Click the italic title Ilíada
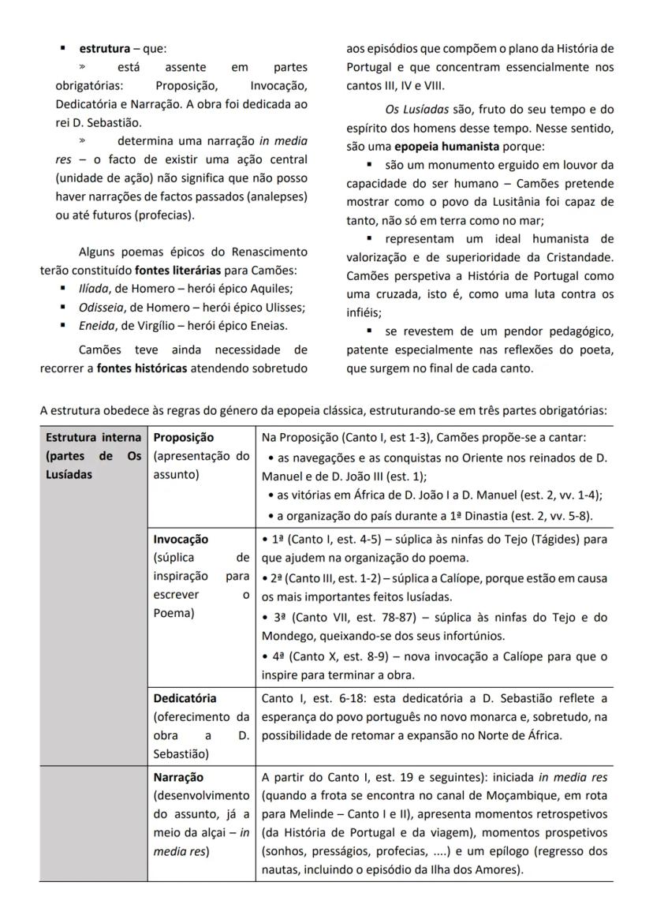[x=95, y=288]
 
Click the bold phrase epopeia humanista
[x=446, y=146]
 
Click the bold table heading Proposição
[x=183, y=437]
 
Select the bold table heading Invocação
[x=181, y=540]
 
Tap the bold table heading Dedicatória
[x=185, y=698]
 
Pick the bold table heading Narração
[x=178, y=777]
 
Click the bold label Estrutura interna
[x=93, y=437]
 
